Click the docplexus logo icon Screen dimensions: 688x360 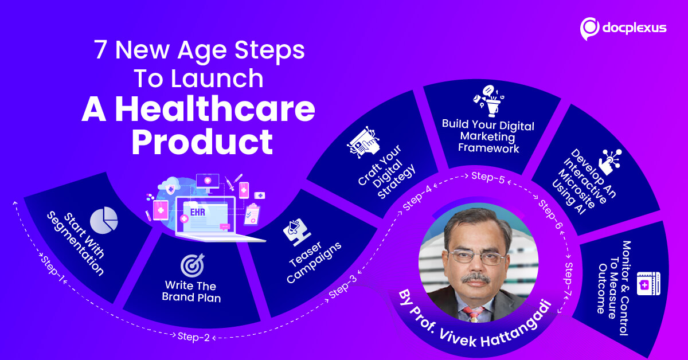pyautogui.click(x=589, y=29)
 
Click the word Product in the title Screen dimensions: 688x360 pyautogui.click(x=202, y=142)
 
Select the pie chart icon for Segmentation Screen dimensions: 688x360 pyautogui.click(x=104, y=220)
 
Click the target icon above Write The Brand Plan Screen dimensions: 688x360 pyautogui.click(x=193, y=265)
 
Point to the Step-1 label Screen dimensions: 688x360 pyautogui.click(x=53, y=268)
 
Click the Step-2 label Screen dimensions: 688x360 pyautogui.click(x=194, y=337)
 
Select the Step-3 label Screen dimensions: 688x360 pyautogui.click(x=343, y=286)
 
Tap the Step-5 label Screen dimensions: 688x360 pyautogui.click(x=488, y=178)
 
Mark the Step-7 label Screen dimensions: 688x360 pyautogui.click(x=569, y=280)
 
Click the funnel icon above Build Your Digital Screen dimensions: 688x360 pyautogui.click(x=488, y=101)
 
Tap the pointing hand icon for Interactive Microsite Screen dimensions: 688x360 pyautogui.click(x=610, y=162)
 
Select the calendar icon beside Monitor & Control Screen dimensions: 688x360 pyautogui.click(x=648, y=284)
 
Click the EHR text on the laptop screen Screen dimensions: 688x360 pyautogui.click(x=197, y=212)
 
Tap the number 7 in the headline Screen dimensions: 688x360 pyautogui.click(x=100, y=50)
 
